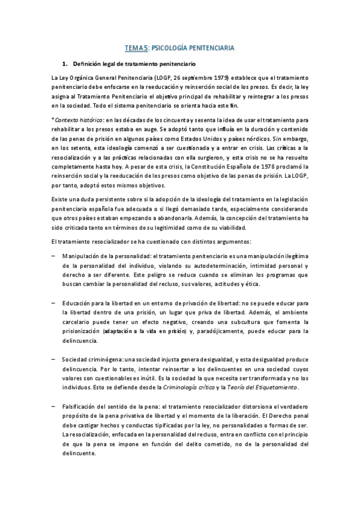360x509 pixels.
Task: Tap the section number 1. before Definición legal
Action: [65, 64]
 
